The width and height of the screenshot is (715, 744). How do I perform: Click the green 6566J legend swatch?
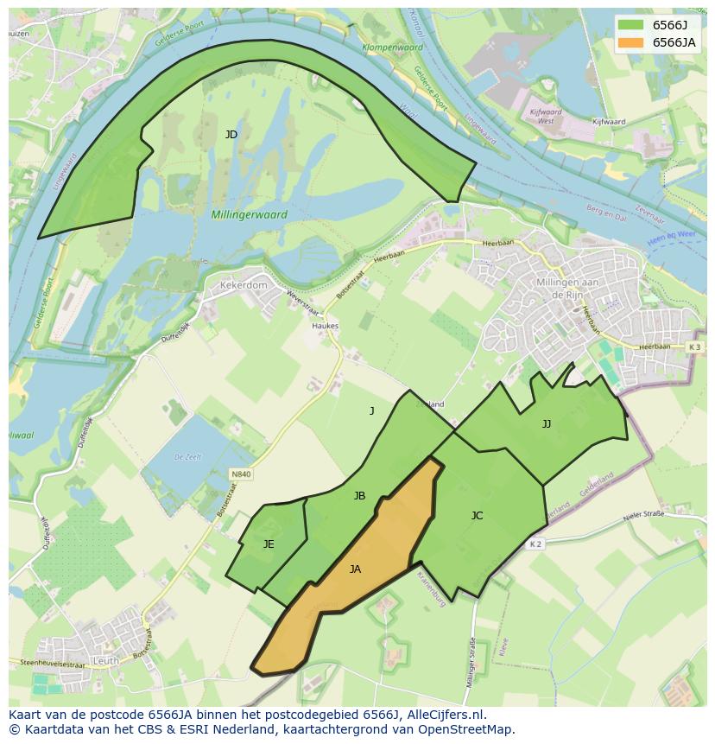630,24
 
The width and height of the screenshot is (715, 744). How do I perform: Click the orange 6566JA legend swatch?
630,42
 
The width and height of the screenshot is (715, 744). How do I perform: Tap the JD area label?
231,135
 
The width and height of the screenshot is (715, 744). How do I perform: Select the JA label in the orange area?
355,569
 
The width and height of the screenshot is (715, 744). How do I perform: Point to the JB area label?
359,496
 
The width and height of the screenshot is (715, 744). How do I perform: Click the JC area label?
477,516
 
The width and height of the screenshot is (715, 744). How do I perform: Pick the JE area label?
269,544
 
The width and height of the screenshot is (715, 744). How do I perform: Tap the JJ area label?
546,424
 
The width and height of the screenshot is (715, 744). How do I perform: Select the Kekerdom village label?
244,284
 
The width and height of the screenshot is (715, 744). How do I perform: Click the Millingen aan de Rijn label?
567,289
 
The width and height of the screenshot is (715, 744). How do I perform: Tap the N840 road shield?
241,474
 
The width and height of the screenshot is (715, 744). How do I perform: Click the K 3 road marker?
695,347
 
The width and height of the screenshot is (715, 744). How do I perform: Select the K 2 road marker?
535,544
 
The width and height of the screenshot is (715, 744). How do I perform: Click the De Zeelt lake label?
187,456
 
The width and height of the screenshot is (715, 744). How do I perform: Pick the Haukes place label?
326,327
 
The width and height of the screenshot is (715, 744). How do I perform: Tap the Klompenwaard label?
392,48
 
